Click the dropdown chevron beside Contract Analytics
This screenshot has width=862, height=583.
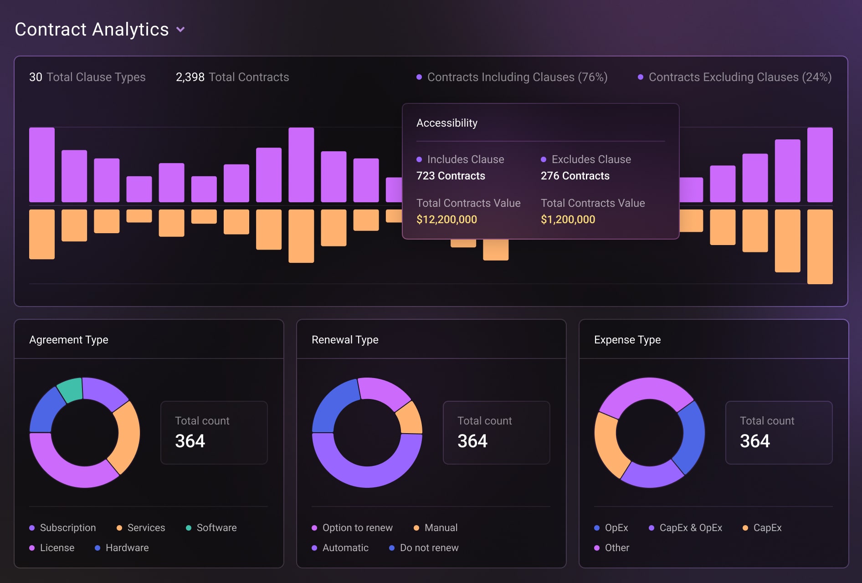coord(180,30)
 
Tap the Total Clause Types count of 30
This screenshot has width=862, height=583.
coord(36,77)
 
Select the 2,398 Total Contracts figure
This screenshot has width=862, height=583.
coord(190,77)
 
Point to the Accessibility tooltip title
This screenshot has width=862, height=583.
coord(447,123)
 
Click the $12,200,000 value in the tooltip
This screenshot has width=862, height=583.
coord(446,220)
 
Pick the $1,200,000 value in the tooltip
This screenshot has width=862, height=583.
coord(568,220)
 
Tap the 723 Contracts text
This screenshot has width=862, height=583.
coord(451,176)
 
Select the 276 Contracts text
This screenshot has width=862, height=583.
coord(575,176)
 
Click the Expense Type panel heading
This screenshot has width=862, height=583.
coord(627,340)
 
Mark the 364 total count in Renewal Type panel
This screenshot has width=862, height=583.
coord(472,441)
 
